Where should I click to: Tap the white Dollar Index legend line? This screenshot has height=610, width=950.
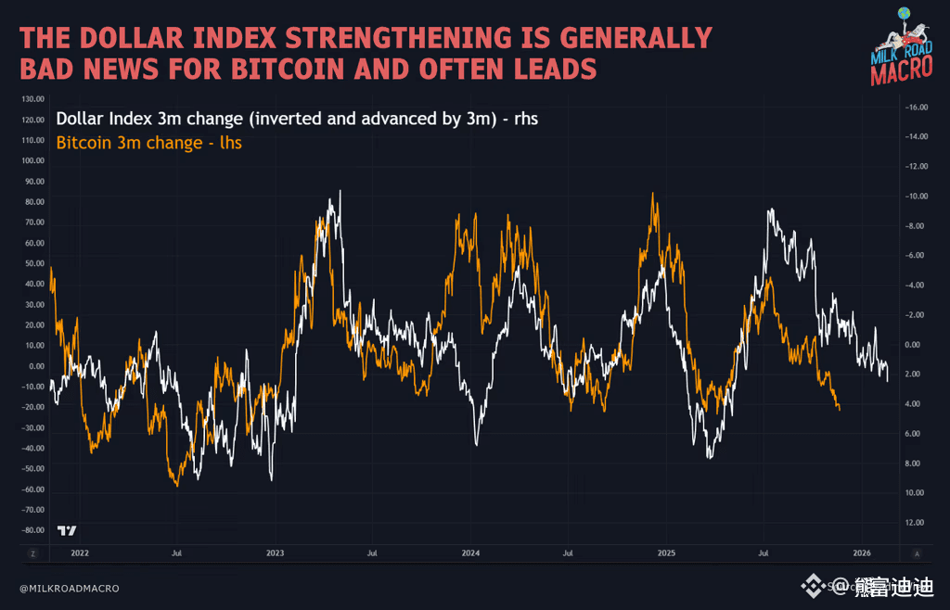(297, 119)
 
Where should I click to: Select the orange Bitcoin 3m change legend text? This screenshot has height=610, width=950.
(149, 143)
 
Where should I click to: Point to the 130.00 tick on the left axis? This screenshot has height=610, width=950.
(32, 98)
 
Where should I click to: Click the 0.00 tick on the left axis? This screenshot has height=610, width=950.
(36, 365)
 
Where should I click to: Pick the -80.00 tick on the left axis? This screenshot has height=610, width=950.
(32, 530)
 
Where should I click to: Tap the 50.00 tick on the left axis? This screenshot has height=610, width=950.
(34, 263)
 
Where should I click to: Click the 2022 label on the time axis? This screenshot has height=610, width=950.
(80, 553)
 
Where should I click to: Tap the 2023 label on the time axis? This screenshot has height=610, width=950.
(276, 553)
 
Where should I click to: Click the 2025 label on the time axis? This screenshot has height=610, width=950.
(666, 553)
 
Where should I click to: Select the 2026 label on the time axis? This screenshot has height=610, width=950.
(862, 553)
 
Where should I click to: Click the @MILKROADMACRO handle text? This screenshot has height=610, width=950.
(70, 588)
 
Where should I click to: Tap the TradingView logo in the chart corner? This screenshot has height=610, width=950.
(67, 530)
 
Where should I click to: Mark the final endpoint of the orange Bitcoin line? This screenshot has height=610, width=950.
(839, 408)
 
